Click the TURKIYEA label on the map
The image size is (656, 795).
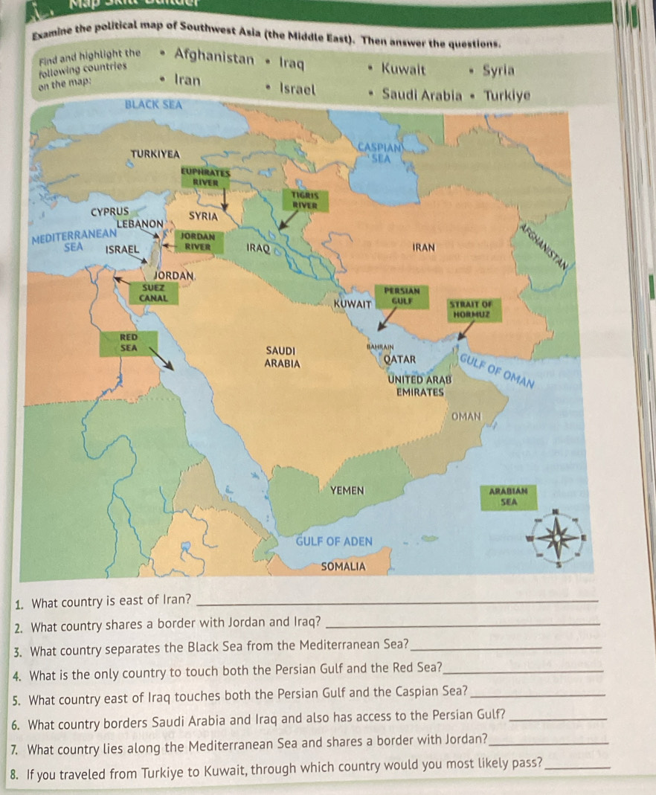click(x=155, y=153)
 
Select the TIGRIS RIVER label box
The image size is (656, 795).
click(x=301, y=197)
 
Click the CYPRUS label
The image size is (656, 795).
click(x=110, y=211)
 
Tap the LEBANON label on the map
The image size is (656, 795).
click(x=140, y=223)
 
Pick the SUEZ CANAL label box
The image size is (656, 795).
click(x=153, y=293)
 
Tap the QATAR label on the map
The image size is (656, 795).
click(x=399, y=357)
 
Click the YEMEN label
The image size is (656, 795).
click(x=347, y=491)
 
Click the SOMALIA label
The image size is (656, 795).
click(x=343, y=566)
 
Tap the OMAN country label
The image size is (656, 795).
click(x=466, y=416)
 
